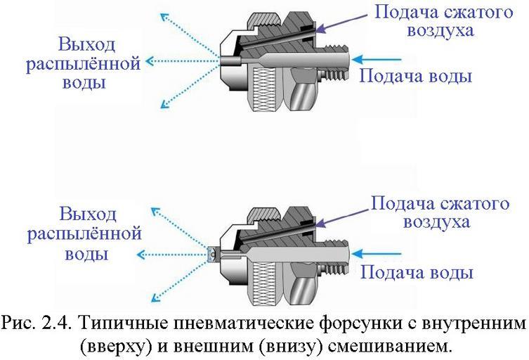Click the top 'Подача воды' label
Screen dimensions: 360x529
pos(415,75)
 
